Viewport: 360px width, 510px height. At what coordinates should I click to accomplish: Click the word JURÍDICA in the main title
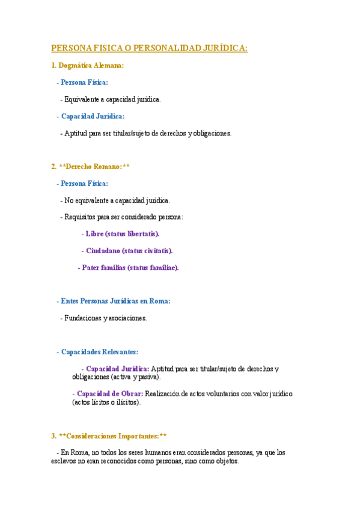click(x=224, y=48)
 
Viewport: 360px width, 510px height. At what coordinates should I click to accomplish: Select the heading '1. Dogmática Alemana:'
click(x=88, y=66)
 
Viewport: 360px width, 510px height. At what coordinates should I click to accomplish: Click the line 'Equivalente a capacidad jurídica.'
click(x=112, y=99)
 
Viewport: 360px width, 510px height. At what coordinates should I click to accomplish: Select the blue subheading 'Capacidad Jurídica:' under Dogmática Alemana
click(x=93, y=116)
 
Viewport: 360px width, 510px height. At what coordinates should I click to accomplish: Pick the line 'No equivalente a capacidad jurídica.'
click(x=117, y=200)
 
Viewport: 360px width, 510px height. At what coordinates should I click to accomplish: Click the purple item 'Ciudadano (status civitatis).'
click(x=129, y=250)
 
